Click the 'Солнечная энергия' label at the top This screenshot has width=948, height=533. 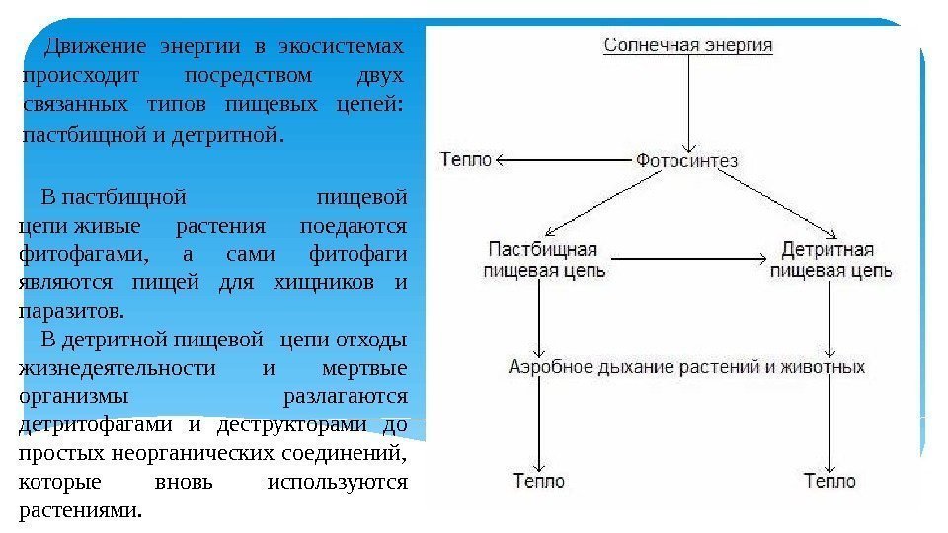(x=688, y=44)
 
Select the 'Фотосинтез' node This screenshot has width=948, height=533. (x=686, y=159)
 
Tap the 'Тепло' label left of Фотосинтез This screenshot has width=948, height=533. (x=465, y=159)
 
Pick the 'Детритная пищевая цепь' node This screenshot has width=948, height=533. (x=831, y=259)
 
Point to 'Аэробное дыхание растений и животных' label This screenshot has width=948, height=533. (x=686, y=367)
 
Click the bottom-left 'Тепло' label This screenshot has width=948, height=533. (x=539, y=481)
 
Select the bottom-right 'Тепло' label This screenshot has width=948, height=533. (x=829, y=481)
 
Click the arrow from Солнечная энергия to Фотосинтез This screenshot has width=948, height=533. (x=688, y=99)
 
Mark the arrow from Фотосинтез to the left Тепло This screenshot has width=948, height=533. (x=563, y=159)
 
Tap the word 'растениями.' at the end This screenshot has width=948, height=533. (x=80, y=511)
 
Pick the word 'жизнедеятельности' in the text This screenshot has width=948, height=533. (x=118, y=368)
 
